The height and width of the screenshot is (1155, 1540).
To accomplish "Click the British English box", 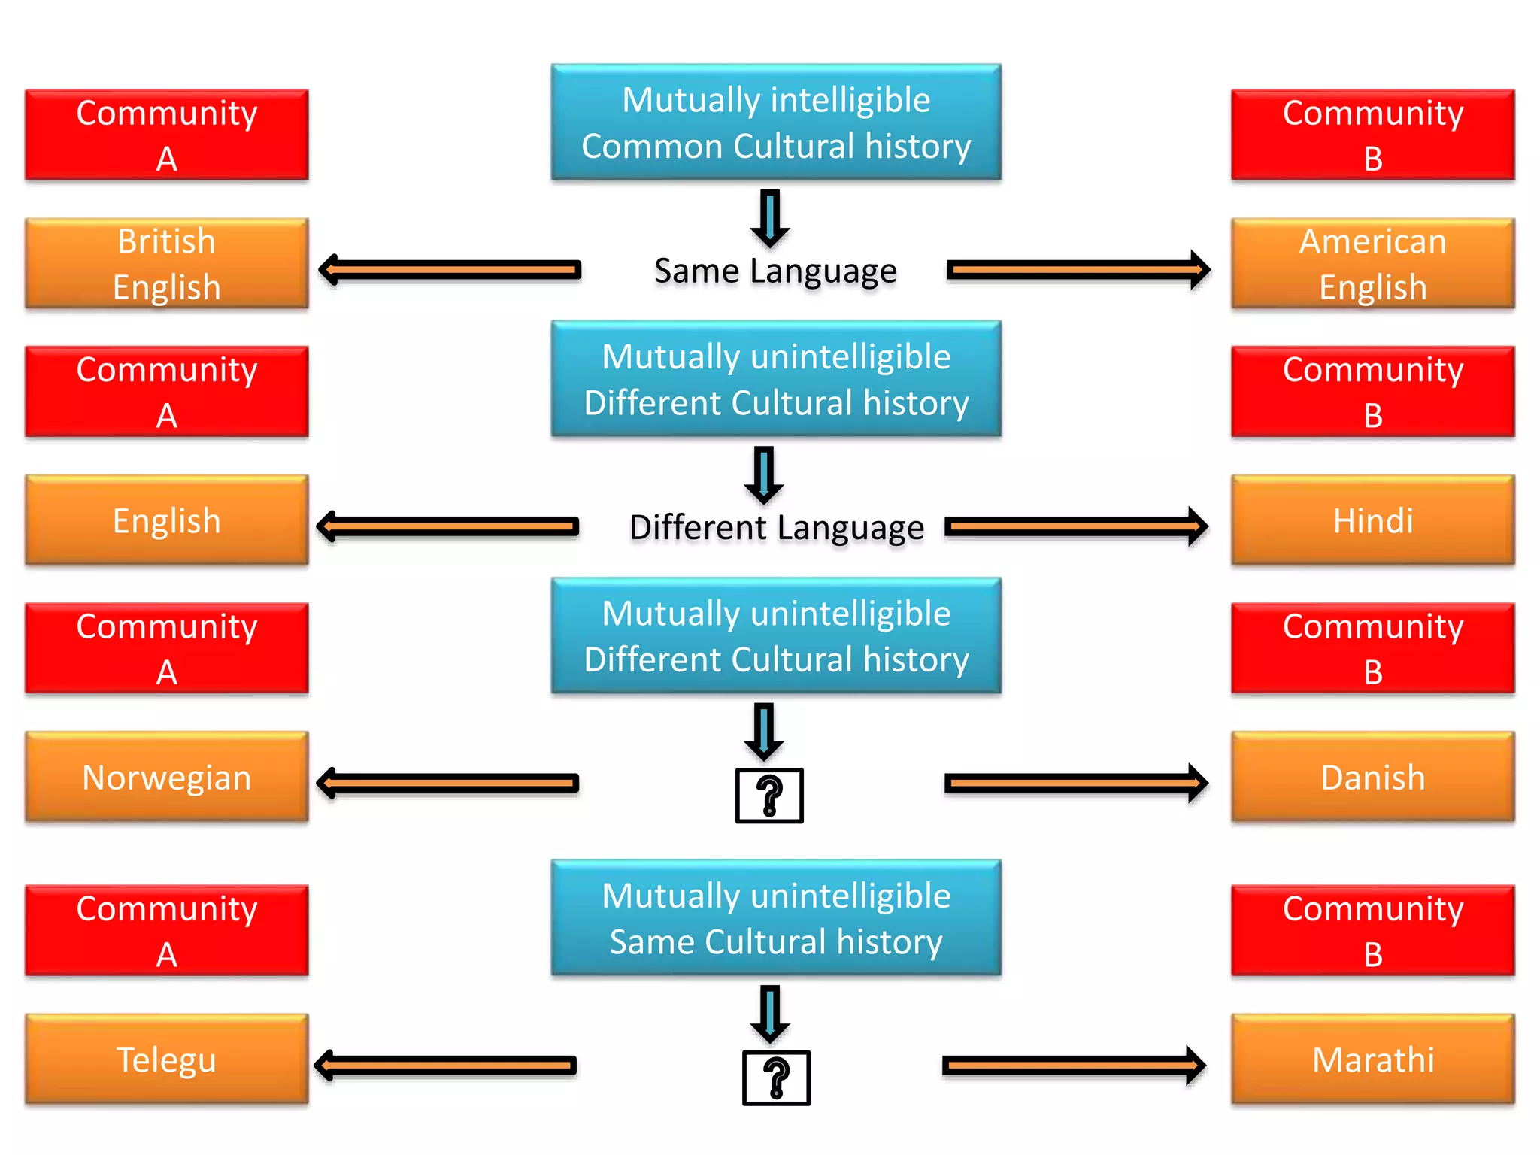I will point(166,264).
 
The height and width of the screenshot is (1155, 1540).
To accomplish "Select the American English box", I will point(1372,264).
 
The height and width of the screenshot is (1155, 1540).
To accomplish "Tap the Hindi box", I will point(1372,520).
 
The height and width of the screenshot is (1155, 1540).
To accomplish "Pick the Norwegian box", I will point(166,777).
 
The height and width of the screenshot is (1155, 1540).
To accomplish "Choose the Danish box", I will point(1372,777).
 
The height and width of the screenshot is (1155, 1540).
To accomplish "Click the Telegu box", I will point(166,1059).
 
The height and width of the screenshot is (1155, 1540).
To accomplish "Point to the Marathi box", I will point(1372,1059).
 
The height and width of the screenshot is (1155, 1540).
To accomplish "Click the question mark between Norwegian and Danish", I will point(769,796).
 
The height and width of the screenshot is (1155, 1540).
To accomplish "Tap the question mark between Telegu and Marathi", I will point(776,1078).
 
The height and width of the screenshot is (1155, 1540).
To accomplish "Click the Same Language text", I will point(775,271).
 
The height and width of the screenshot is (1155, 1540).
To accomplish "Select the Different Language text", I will point(776,527).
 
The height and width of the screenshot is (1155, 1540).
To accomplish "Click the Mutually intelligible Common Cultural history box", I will point(776,123).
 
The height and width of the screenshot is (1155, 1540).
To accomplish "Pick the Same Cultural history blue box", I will point(776,918).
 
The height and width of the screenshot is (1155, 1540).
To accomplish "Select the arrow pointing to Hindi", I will point(1076,526).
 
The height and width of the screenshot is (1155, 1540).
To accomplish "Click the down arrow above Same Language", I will point(770,218).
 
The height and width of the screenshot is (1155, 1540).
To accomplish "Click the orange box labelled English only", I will point(166,520).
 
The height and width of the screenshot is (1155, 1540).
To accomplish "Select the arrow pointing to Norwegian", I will point(447,784).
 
